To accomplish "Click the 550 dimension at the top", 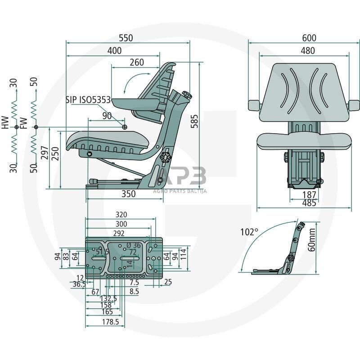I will point(126,38).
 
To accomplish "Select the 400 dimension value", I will point(115,51).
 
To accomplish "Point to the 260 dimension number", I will point(137,63).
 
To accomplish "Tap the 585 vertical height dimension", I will point(194,121).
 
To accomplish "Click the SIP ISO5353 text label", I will point(88,100).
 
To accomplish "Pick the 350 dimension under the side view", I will point(128,194).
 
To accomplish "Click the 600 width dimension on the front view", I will point(309,38).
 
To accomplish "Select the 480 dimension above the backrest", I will point(308,51).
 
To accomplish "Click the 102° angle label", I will point(249,232).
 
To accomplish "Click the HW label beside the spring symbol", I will point(4,122).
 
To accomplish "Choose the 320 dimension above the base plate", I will point(121,215).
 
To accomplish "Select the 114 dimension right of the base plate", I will point(183,256).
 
